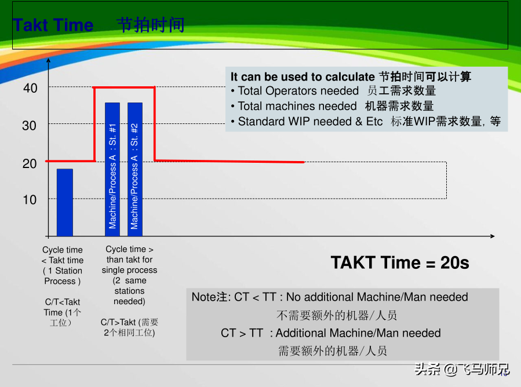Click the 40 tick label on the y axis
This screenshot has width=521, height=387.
pos(30,88)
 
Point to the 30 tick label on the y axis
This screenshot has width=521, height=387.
pos(29,126)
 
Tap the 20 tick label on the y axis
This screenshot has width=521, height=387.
pos(30,163)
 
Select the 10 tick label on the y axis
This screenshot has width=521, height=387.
pos(30,200)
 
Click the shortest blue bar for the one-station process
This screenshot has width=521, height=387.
pos(65,202)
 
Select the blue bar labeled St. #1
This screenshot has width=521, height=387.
pos(112,169)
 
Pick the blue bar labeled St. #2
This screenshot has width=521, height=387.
pos(135,169)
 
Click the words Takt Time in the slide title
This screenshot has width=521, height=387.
pos(53,25)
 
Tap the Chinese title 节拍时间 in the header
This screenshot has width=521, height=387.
pos(151,25)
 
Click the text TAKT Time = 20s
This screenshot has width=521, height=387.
pos(400,262)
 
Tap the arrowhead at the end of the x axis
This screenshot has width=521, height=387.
pos(493,236)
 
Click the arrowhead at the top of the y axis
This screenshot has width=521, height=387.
pos(49,60)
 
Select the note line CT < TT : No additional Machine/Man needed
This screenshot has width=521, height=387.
pos(330,297)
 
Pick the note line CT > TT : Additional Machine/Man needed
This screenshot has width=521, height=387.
pos(330,333)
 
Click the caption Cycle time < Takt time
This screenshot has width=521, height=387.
pos(63,255)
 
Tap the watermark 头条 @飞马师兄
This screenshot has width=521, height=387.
pos(462,369)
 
